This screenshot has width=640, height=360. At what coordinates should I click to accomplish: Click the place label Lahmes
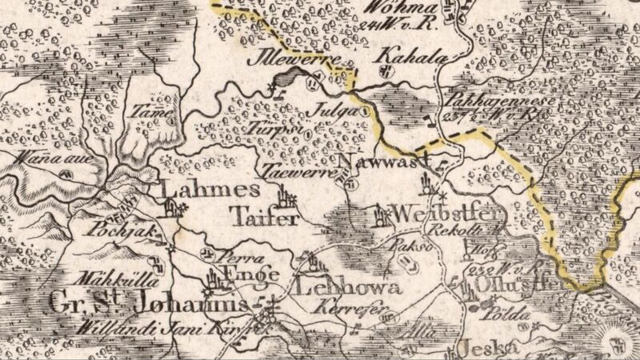click(x=210, y=190)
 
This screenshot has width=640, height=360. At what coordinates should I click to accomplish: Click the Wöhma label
click(x=395, y=9)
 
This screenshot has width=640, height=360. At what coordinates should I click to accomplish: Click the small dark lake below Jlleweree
click(x=287, y=79)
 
